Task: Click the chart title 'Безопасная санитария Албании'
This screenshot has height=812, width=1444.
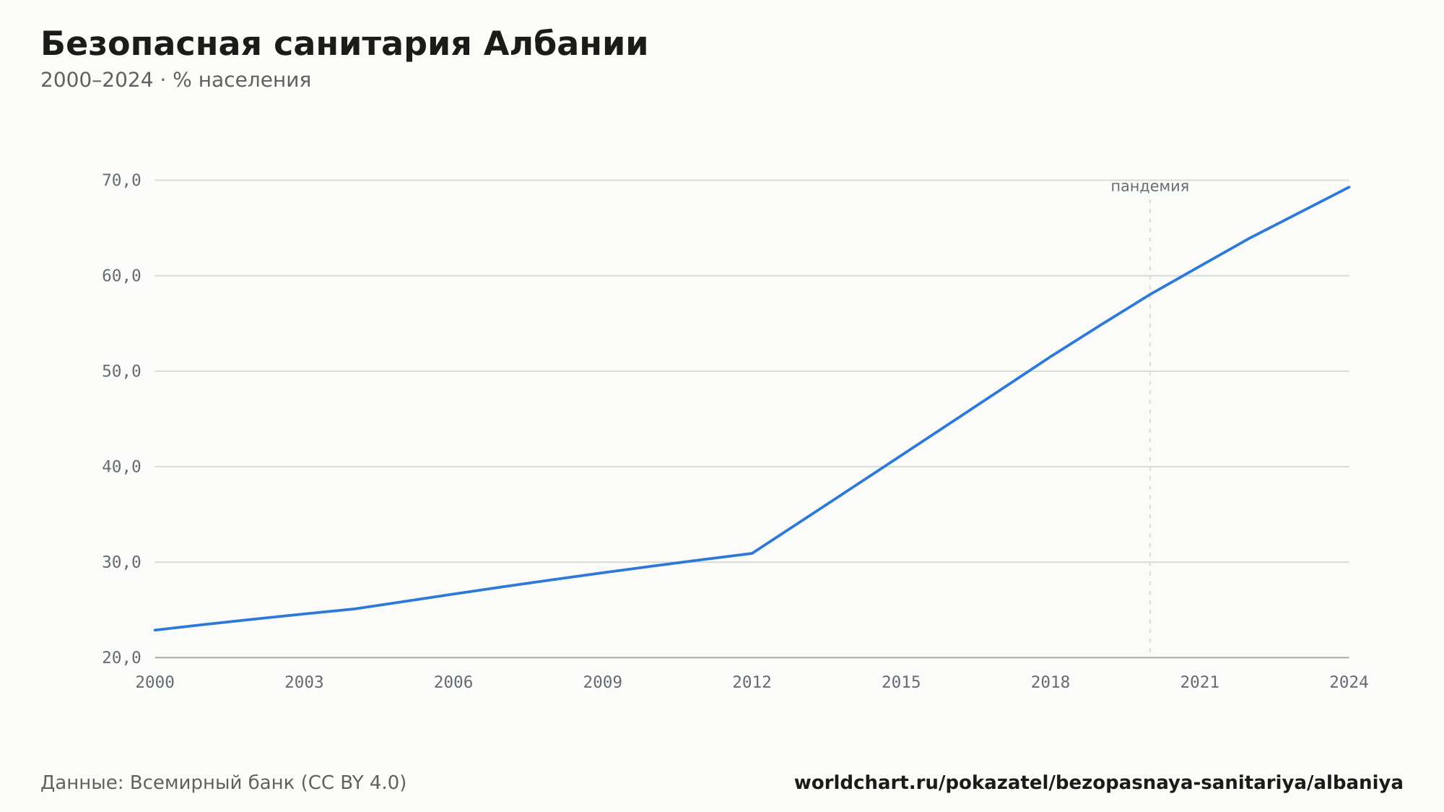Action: tap(344, 44)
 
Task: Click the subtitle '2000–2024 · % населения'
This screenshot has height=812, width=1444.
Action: tap(175, 80)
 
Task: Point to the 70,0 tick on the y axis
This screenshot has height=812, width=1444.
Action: tap(121, 181)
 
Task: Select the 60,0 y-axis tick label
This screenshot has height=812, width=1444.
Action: tap(121, 276)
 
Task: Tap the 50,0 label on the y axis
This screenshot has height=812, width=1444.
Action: tap(121, 371)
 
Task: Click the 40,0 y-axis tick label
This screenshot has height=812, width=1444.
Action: tap(121, 467)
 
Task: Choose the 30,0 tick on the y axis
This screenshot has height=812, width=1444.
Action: tap(121, 562)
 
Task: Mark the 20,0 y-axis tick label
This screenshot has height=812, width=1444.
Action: tap(121, 657)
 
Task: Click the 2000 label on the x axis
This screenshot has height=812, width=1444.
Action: tap(155, 683)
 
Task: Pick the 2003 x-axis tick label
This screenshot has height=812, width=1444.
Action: tap(304, 683)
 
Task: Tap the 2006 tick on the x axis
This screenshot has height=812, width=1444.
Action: tap(453, 683)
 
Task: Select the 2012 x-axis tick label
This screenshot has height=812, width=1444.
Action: tap(752, 683)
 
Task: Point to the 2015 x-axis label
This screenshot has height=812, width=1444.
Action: tap(901, 683)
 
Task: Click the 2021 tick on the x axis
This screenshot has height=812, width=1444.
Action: tap(1200, 683)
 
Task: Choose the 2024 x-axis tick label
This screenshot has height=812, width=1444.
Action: tap(1349, 683)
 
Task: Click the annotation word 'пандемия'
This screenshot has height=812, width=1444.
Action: tap(1149, 186)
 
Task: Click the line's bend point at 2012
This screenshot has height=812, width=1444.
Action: tap(752, 553)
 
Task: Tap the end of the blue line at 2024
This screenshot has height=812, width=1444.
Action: tap(1349, 187)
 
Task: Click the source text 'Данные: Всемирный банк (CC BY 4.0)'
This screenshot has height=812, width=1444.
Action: tap(223, 782)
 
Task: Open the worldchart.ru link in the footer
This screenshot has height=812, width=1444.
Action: tap(1099, 782)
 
